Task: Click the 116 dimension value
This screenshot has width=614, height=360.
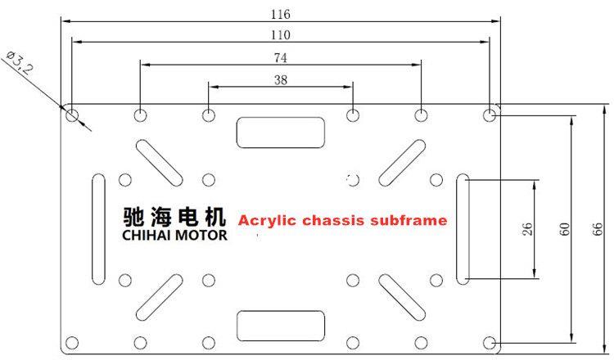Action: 280,15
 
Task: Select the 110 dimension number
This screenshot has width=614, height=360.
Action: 280,35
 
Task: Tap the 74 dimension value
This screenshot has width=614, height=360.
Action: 280,58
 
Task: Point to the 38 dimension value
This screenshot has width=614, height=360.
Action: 280,80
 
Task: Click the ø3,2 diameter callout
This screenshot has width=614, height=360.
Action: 20,63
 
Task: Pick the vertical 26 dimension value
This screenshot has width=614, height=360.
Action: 527,229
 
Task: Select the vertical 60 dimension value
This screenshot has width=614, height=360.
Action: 564,229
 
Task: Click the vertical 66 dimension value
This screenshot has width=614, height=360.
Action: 597,229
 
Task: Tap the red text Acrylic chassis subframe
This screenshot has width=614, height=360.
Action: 343,221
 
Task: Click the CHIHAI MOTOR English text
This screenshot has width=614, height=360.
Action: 174,235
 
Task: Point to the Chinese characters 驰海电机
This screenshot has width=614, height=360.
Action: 174,217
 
